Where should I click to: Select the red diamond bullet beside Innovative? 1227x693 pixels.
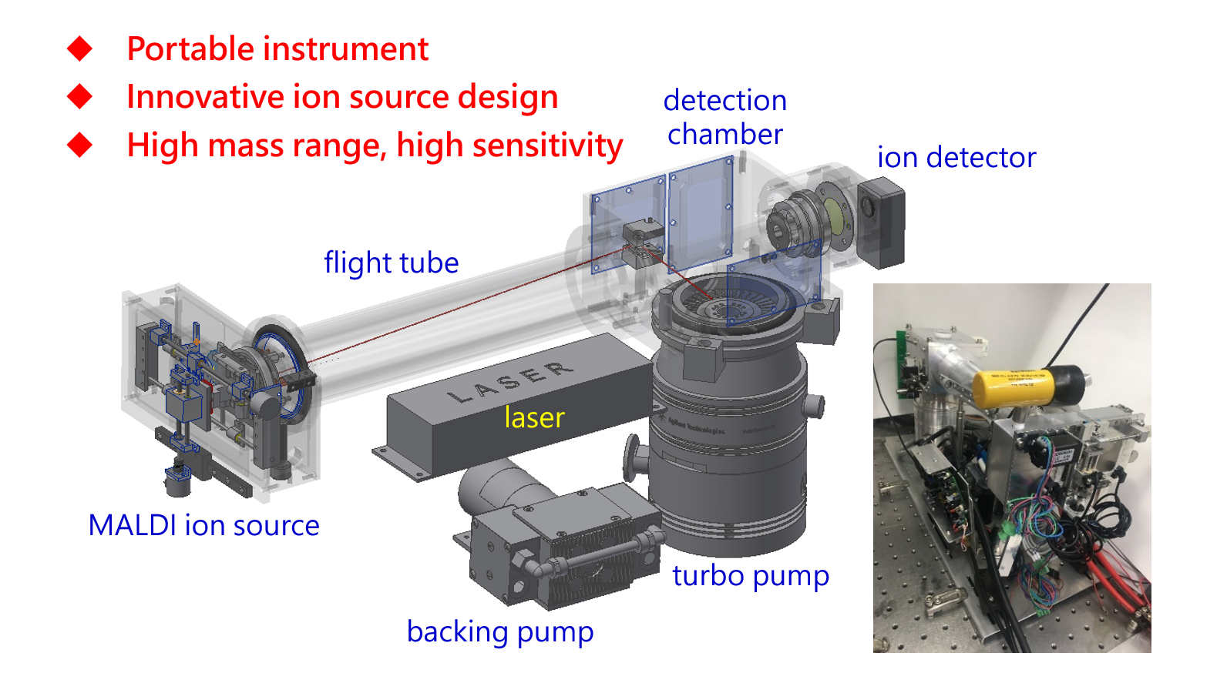[x=79, y=97]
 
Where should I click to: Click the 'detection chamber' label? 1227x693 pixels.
[x=725, y=117]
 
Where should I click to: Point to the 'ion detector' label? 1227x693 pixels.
[x=956, y=158]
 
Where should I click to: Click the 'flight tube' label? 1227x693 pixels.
[x=391, y=263]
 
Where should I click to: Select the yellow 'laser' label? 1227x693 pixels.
[x=534, y=417]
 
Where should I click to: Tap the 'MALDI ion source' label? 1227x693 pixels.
[x=203, y=526]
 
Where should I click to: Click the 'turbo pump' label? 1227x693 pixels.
[x=751, y=576]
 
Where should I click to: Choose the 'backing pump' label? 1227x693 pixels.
[x=500, y=632]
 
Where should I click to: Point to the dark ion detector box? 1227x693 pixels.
[x=882, y=223]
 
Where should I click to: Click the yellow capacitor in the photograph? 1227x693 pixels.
[x=1011, y=387]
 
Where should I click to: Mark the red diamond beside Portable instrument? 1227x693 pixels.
[x=79, y=49]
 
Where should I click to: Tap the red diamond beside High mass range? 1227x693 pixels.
[x=79, y=145]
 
